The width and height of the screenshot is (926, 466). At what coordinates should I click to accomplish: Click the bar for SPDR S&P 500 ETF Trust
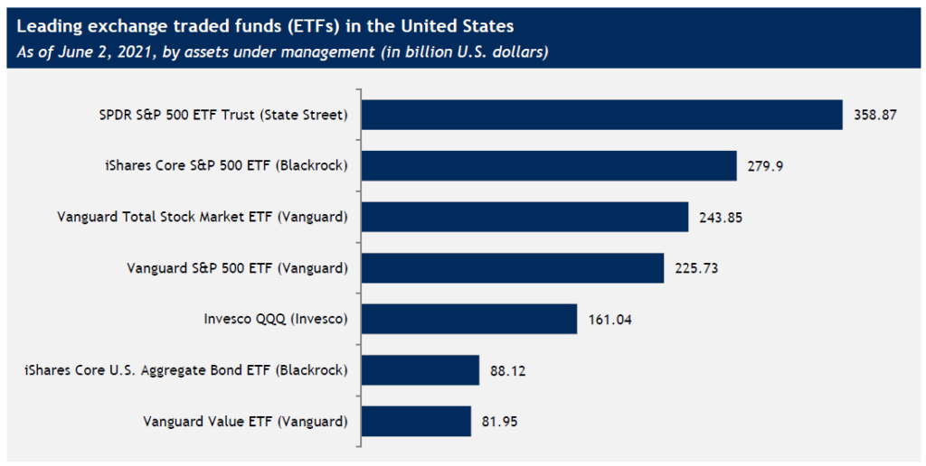tap(601, 115)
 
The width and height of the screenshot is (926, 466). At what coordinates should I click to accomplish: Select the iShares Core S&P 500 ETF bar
tap(548, 166)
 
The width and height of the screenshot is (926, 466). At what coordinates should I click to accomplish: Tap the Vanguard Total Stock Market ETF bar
tap(524, 217)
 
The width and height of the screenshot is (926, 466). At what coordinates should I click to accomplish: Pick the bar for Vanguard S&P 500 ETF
tap(513, 267)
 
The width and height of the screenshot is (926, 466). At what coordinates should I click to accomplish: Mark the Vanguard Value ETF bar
tap(416, 420)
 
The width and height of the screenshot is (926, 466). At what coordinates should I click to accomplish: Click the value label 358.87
tap(875, 116)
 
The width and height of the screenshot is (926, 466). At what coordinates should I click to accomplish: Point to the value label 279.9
tap(766, 166)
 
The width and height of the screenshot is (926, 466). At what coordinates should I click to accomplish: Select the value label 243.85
tap(722, 218)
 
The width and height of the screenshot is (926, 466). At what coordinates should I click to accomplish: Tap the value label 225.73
tap(697, 268)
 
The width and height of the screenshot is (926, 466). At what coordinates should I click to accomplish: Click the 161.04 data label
tap(609, 319)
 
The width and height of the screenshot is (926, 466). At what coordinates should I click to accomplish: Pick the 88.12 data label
tap(508, 369)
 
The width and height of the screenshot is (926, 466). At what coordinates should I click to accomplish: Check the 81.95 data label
tap(500, 421)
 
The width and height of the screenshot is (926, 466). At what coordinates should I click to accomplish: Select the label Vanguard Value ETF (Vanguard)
tap(246, 421)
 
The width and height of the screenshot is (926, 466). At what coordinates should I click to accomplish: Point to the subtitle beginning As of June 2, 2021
tap(281, 51)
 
